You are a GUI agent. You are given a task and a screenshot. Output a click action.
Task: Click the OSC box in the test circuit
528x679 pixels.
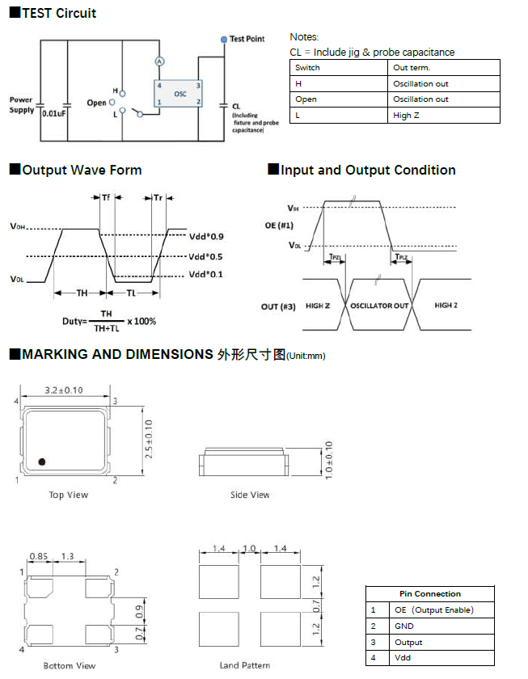point(179,94)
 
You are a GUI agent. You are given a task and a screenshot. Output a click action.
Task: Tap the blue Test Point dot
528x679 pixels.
point(224,39)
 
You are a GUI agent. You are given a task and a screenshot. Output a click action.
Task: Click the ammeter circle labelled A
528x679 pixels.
point(160,61)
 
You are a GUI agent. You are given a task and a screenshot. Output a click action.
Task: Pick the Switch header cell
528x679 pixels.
point(307,68)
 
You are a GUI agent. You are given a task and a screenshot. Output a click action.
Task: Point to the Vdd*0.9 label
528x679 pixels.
point(206,237)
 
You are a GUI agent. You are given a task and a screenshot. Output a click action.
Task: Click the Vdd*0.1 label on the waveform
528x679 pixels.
point(206,275)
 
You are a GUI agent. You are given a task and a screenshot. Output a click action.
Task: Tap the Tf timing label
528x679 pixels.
point(106,198)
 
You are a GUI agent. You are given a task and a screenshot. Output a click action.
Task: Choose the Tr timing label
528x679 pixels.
point(158,198)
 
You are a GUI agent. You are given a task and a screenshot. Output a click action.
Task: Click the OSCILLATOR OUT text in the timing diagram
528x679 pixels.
point(379,306)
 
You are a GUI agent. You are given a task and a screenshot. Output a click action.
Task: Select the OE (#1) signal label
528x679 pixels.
point(280,226)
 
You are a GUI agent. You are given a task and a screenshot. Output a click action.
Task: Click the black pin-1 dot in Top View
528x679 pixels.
point(41,462)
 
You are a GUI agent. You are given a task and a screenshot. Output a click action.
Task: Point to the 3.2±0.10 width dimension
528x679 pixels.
point(65,390)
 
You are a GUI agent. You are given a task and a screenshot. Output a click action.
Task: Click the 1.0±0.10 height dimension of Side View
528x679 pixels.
point(327,461)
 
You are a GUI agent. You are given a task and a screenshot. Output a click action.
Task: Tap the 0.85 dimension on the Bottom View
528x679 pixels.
point(38,556)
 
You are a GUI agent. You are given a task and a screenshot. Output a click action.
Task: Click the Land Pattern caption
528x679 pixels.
point(244,665)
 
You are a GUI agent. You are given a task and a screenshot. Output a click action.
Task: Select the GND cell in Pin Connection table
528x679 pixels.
point(404,626)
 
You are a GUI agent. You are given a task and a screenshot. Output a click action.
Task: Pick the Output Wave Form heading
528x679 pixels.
point(82,170)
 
